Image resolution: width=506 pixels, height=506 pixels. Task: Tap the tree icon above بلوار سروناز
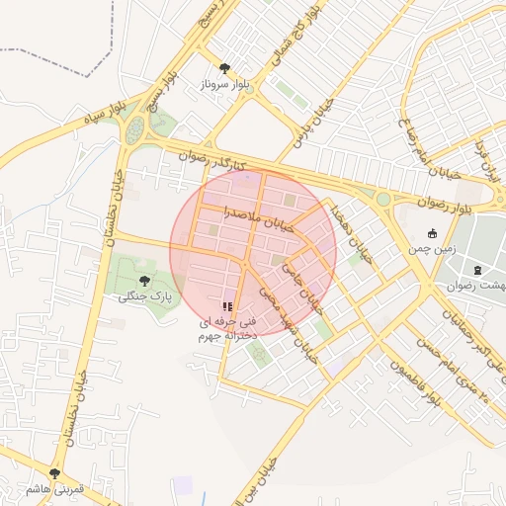tap(225, 68)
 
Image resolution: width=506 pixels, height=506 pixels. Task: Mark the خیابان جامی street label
tap(303, 282)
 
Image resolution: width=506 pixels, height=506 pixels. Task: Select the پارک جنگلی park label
tap(145, 296)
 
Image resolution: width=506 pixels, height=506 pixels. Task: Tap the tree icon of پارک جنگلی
tap(146, 280)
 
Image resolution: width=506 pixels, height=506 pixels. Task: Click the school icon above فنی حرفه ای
tap(227, 307)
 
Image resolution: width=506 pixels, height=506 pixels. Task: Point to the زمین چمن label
tap(432, 250)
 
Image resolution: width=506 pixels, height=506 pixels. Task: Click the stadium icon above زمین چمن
tap(432, 233)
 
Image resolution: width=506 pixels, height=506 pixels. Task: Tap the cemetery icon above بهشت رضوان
tap(478, 269)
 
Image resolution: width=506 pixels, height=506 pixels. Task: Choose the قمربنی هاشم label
tap(54, 489)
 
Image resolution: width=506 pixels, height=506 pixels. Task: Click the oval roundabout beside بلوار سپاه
tap(134, 127)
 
